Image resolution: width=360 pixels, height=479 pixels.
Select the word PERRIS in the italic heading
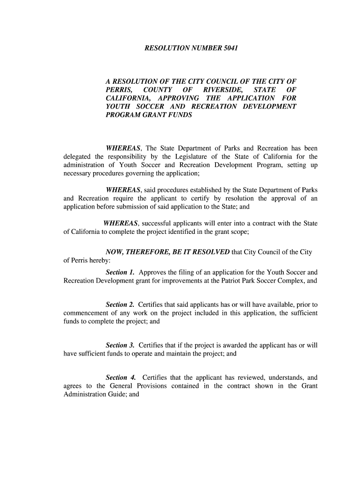(119, 89)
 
